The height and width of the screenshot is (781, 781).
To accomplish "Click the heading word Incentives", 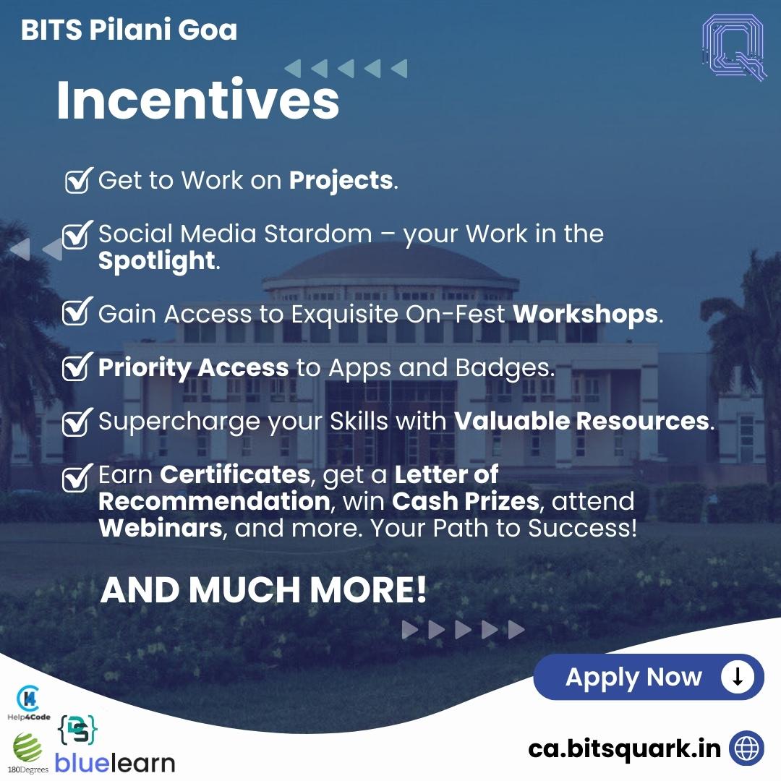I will (x=197, y=102).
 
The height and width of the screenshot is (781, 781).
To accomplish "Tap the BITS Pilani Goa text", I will (x=129, y=30).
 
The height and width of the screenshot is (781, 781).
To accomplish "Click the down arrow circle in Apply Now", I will (x=738, y=677).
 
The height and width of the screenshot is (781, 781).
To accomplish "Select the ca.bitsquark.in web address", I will (x=624, y=748).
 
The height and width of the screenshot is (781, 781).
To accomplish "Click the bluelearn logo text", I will (x=116, y=763).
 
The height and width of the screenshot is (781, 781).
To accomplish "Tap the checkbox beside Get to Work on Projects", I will (x=77, y=180).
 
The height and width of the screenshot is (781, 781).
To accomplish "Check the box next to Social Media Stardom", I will (x=77, y=234).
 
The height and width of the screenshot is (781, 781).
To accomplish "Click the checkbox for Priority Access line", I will (x=77, y=367).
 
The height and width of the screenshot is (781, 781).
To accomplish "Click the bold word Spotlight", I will (x=157, y=260).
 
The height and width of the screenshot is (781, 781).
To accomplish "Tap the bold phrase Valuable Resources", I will (x=581, y=421).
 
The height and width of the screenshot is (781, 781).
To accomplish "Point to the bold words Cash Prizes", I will (x=466, y=501).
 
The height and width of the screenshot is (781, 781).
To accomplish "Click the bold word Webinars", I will (x=160, y=527).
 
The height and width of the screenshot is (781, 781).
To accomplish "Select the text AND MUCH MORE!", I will (x=263, y=590).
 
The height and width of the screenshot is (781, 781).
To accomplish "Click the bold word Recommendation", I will (x=214, y=501).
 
